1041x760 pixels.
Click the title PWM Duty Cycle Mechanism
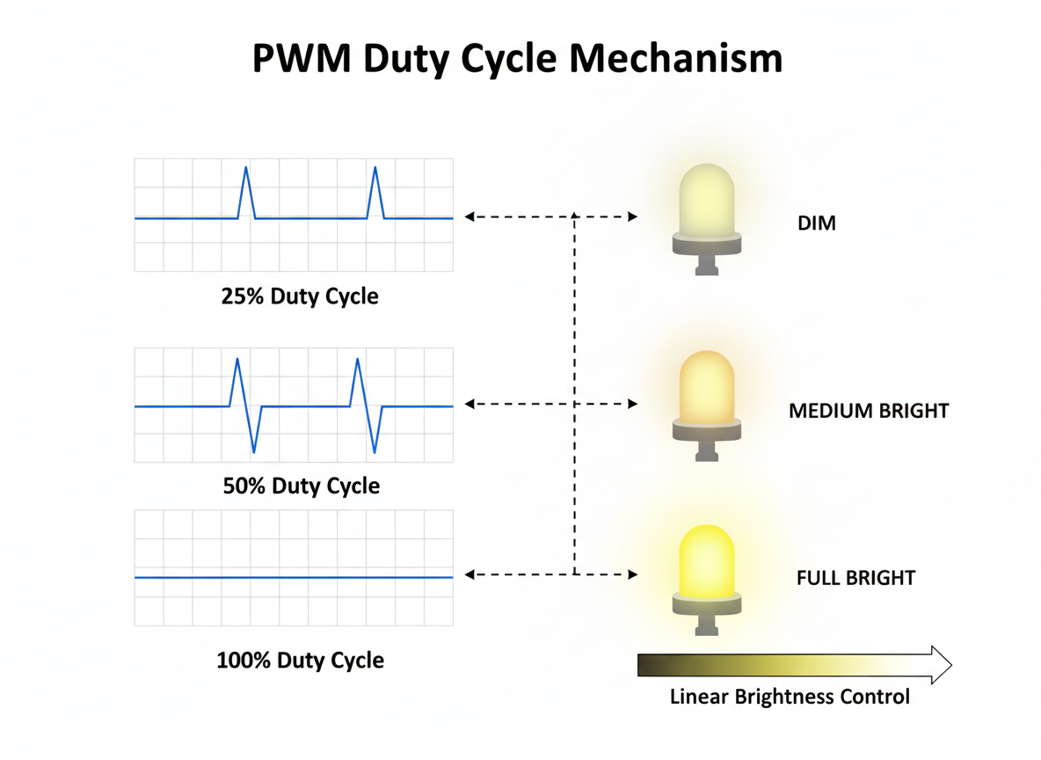(x=517, y=59)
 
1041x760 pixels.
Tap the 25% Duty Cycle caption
(x=300, y=296)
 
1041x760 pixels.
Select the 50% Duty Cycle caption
(x=301, y=486)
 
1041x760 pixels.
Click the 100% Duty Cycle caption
(x=300, y=660)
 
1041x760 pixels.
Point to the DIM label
(x=817, y=223)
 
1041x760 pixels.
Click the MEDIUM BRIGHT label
(x=869, y=411)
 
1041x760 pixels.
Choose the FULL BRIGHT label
(x=855, y=578)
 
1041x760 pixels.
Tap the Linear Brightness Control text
(x=790, y=698)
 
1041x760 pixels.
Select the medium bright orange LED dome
(x=706, y=387)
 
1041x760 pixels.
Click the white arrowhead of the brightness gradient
(x=940, y=665)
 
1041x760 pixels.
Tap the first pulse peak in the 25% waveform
(x=246, y=168)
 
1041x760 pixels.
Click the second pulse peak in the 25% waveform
(x=375, y=168)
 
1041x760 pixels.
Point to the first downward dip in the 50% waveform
(x=254, y=450)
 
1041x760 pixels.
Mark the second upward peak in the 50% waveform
(x=357, y=360)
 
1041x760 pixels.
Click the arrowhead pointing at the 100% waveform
(x=470, y=574)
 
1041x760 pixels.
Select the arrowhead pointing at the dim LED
(x=633, y=216)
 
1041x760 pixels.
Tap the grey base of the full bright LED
(x=706, y=606)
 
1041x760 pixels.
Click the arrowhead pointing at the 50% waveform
(x=470, y=404)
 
